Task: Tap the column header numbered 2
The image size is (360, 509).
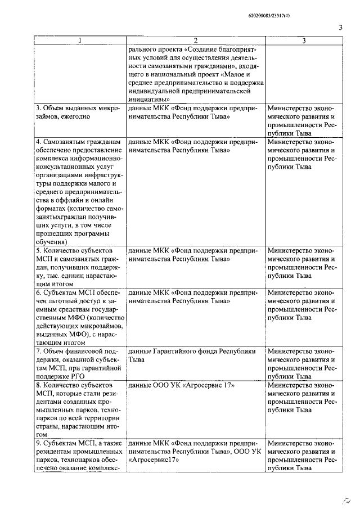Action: click(x=195, y=40)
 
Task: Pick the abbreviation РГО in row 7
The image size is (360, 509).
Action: click(x=78, y=376)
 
